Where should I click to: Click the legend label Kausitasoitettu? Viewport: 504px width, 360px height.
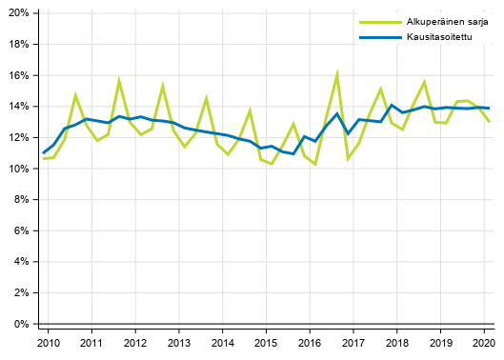433,38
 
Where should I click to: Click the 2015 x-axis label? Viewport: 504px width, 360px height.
266,342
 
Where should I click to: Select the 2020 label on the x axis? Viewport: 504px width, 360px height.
484,342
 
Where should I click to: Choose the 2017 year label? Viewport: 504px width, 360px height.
353,342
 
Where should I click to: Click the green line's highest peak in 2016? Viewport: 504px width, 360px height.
337,73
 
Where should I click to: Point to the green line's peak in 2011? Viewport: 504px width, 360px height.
119,81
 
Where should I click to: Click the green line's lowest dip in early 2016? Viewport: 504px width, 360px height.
315,164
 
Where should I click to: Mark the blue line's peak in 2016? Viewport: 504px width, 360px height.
337,113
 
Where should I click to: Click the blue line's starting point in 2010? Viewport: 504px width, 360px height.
44,152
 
